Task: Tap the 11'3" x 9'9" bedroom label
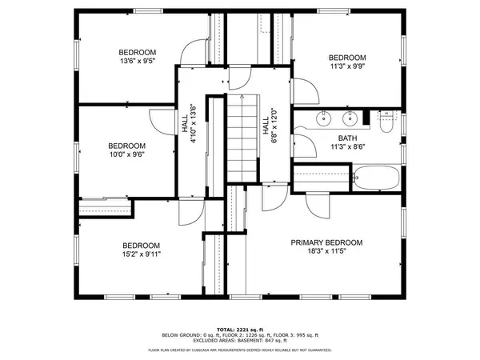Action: point(347,62)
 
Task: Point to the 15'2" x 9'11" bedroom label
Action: point(141,250)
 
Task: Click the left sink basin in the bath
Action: point(323,121)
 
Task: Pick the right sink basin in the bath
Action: point(350,121)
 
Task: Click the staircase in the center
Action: point(242,138)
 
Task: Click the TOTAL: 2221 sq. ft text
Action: point(239,328)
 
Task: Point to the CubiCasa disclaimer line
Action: point(239,350)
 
